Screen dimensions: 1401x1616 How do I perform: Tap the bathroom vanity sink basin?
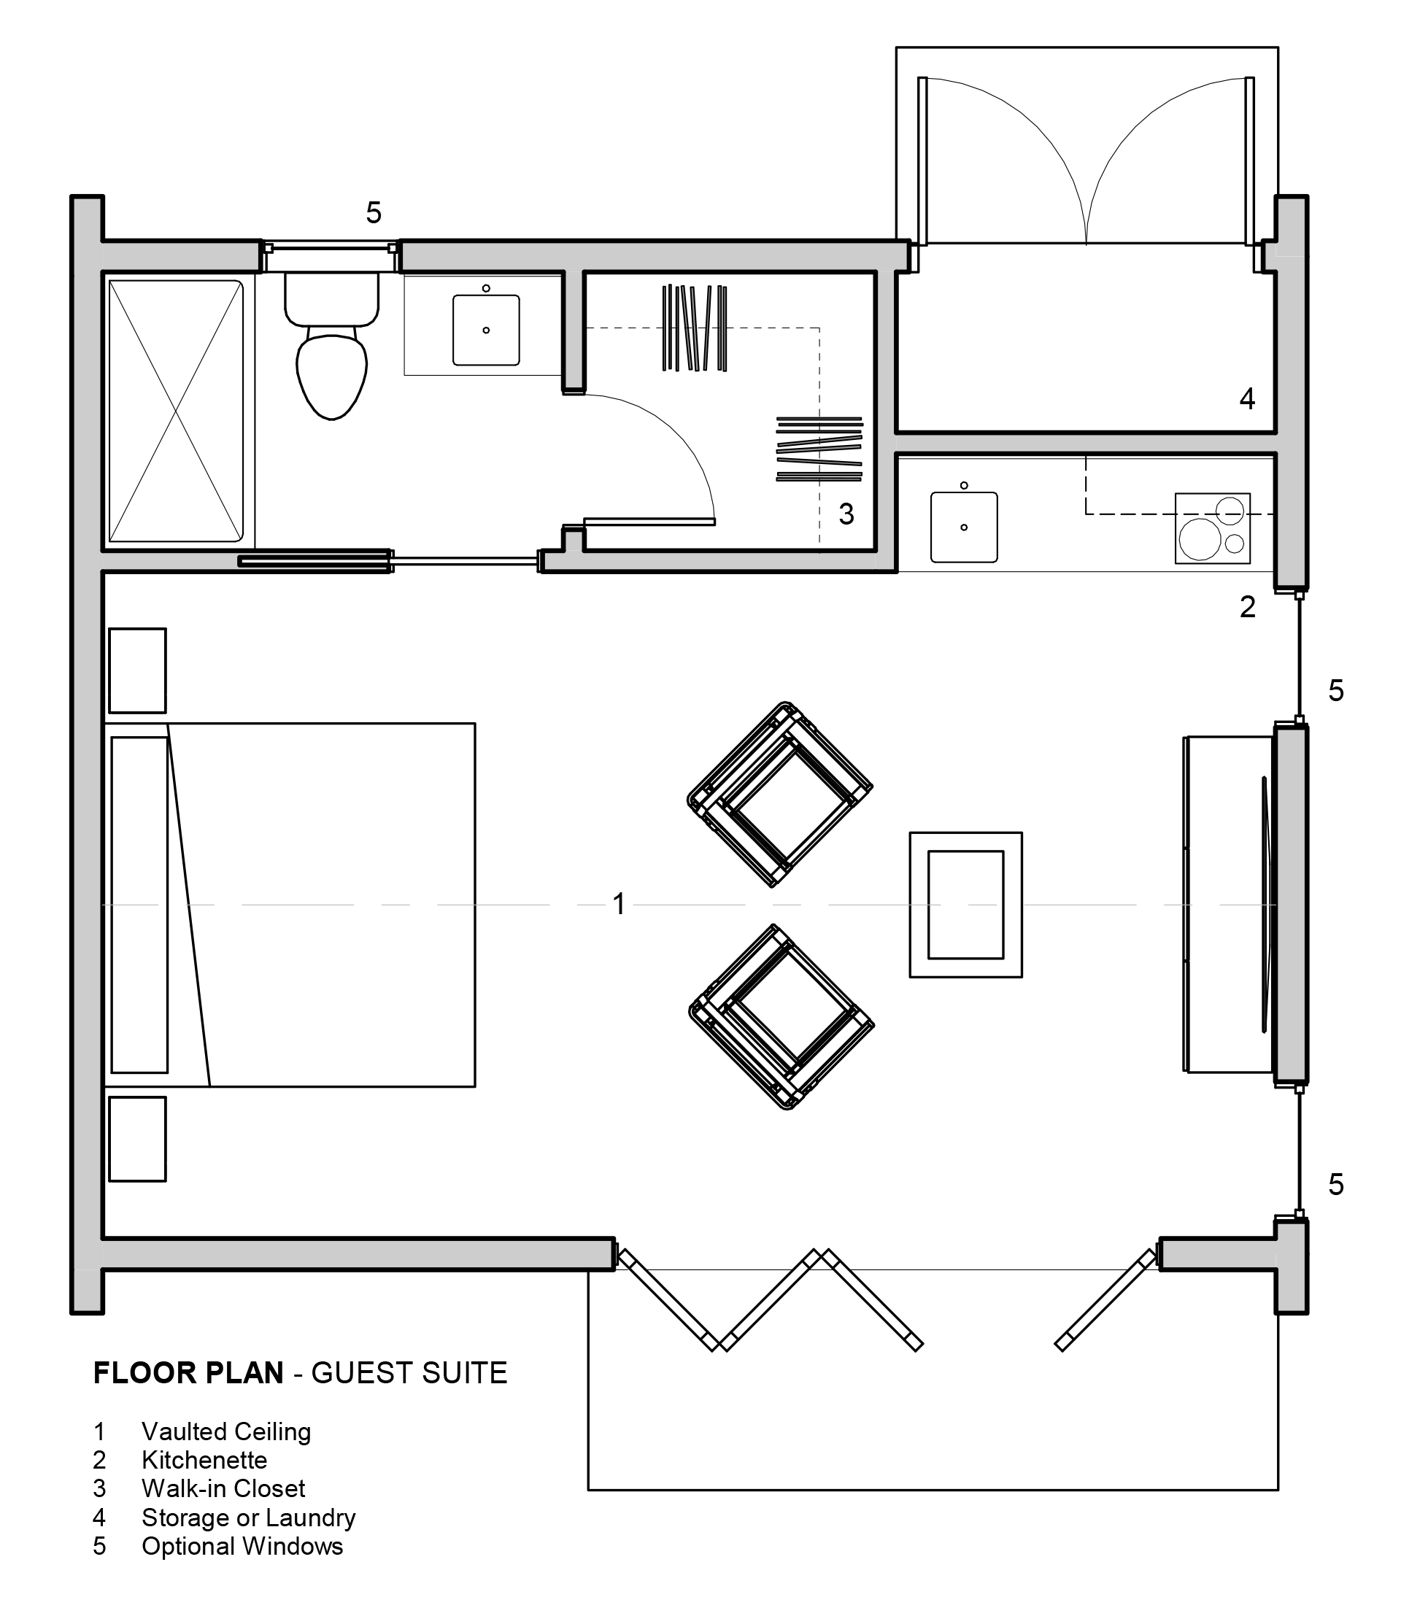[486, 330]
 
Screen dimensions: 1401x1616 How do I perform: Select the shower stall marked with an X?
[176, 411]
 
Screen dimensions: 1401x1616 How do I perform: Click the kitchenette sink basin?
[964, 527]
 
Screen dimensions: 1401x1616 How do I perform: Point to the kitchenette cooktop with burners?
[1213, 527]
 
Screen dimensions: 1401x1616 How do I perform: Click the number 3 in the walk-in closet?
[846, 514]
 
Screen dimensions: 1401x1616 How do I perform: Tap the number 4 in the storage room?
[1247, 399]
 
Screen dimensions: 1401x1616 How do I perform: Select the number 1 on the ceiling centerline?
[619, 904]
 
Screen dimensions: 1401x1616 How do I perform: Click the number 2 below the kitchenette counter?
[1248, 607]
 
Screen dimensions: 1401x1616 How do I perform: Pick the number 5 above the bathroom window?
[374, 212]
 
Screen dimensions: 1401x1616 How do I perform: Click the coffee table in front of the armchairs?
[965, 905]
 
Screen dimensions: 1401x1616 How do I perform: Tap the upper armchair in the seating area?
[779, 795]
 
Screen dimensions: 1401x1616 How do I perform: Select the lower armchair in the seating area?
[781, 1016]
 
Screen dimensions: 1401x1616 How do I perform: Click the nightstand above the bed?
[138, 670]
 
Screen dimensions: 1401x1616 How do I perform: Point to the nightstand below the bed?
[138, 1139]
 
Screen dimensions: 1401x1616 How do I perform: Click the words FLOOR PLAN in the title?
[188, 1373]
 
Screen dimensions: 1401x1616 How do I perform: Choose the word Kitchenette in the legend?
[205, 1460]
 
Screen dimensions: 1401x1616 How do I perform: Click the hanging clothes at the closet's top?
[694, 328]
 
